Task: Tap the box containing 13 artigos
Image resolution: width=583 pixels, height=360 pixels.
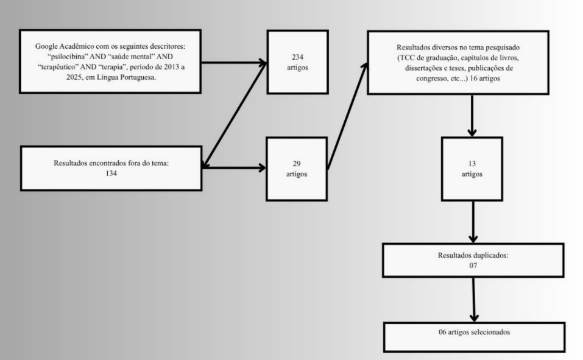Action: click(x=472, y=169)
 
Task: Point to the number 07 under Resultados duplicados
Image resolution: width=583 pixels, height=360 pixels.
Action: click(x=473, y=266)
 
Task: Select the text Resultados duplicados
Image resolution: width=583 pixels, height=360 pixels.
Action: click(x=473, y=256)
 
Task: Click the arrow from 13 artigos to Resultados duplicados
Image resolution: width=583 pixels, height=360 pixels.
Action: click(x=473, y=222)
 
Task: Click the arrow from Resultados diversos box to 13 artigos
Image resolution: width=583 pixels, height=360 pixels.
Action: click(x=473, y=116)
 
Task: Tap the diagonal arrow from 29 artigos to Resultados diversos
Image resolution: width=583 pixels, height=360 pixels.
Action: click(x=347, y=116)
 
